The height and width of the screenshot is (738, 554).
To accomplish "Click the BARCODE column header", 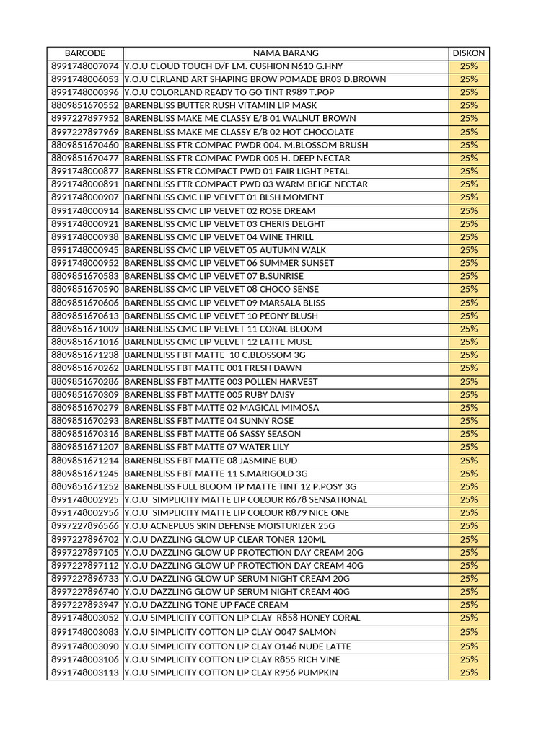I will point(85,53).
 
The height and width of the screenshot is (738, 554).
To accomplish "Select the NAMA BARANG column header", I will point(285,53).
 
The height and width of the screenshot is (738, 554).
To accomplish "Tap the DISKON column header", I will point(468,53).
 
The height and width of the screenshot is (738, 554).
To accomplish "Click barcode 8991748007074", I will point(85,66).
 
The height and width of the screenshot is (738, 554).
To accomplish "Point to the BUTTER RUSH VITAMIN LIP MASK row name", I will point(220,105).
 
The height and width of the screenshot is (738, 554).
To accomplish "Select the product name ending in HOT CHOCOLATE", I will point(239,132).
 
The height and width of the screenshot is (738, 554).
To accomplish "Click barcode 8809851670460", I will point(85,145).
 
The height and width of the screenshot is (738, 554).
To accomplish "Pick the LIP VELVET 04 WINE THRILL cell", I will point(219,237).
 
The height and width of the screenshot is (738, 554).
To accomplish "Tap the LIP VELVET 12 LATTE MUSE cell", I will point(218,342).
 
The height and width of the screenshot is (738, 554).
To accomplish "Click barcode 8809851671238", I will point(85,355).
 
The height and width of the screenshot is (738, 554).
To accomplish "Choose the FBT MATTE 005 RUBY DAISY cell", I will point(209,395).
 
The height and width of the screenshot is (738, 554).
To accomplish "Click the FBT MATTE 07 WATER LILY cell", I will point(206,447).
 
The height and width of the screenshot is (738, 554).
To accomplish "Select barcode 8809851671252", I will point(85,486).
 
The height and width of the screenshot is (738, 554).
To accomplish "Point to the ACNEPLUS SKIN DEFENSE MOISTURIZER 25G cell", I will point(229,526).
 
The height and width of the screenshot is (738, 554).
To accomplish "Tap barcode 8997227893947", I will point(85,605).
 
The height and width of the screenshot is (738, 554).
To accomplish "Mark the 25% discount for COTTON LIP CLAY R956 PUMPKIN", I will point(468,672).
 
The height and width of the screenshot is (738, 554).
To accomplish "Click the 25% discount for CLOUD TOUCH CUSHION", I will point(468,66).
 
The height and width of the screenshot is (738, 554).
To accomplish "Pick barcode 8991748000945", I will point(85,250).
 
